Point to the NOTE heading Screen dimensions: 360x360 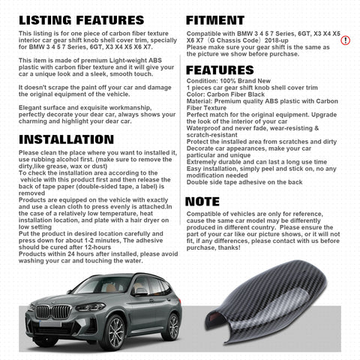coord(202,201)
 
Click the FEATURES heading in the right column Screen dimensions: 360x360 coord(224,70)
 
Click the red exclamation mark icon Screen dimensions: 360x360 coord(346,40)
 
